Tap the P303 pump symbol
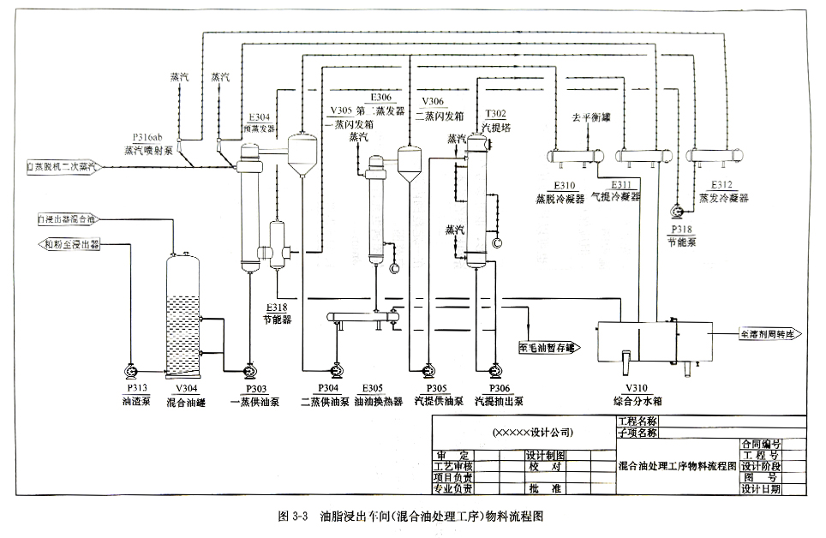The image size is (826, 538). (248, 371)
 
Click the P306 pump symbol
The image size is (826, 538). (494, 371)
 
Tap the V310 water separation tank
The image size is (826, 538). (653, 340)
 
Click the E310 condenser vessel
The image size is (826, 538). (572, 156)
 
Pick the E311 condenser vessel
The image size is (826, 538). (643, 156)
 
